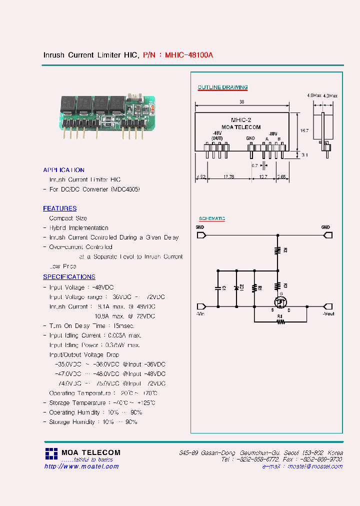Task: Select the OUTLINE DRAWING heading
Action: tap(222, 87)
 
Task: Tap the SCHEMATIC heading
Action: tap(212, 219)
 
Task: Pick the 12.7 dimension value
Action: tap(263, 176)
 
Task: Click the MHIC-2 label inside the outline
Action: tap(241, 120)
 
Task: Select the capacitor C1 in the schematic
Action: tap(218, 288)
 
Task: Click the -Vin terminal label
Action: tap(201, 314)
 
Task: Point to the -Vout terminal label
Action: tap(328, 314)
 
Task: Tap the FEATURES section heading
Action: tap(59, 208)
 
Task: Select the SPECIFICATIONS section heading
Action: tap(69, 277)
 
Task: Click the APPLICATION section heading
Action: tap(63, 170)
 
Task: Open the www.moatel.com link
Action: tap(81, 466)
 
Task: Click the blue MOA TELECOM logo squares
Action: tap(51, 453)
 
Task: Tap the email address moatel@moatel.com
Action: tap(315, 466)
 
